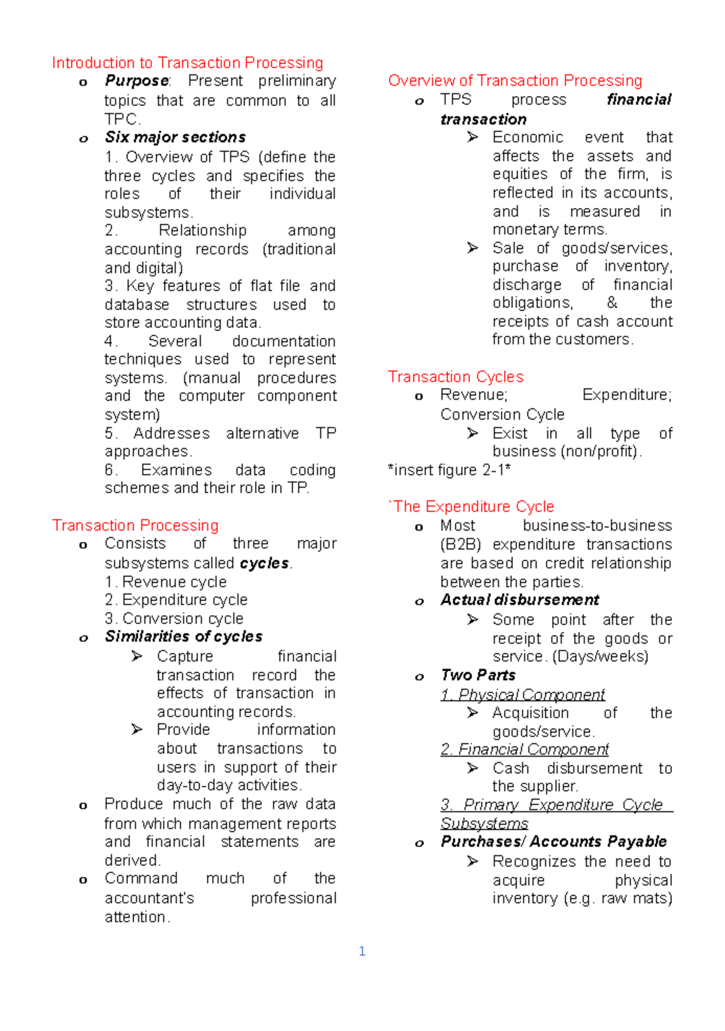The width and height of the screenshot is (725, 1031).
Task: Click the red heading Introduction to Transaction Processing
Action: click(187, 63)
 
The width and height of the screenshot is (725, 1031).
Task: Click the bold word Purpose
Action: click(137, 81)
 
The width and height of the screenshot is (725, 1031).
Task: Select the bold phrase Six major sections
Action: click(175, 137)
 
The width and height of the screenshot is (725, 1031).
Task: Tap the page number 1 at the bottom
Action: click(362, 951)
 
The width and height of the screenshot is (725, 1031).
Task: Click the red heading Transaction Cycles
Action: click(456, 377)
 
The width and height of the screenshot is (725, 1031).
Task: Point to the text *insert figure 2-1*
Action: click(449, 470)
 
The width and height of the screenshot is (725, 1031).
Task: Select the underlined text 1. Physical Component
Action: click(523, 695)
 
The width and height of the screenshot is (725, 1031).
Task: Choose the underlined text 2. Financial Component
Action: click(524, 749)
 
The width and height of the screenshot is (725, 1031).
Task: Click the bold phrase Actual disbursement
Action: click(520, 600)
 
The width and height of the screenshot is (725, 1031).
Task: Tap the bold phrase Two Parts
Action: click(478, 675)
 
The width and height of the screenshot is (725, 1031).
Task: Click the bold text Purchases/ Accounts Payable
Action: click(553, 842)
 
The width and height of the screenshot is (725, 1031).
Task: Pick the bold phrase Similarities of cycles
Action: click(184, 637)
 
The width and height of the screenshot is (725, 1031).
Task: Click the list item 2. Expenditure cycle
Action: click(176, 600)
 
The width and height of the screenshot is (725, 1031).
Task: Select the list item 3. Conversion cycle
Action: click(174, 619)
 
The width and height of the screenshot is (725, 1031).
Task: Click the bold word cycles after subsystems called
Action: click(265, 563)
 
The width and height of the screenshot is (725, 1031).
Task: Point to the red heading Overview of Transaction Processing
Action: click(515, 81)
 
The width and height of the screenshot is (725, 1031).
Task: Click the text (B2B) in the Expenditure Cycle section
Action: click(461, 545)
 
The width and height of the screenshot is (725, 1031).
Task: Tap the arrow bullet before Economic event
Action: click(472, 138)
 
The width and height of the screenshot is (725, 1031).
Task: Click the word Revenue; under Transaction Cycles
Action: click(474, 395)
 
